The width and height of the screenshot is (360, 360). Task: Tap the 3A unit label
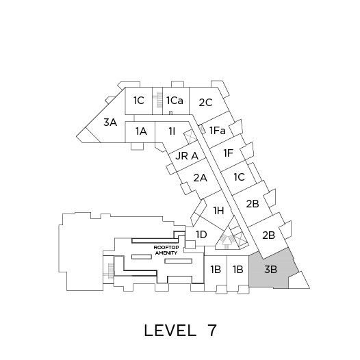tap(110, 122)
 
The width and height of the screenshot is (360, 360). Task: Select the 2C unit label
tap(205, 103)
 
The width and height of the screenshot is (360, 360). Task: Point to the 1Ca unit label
tap(175, 101)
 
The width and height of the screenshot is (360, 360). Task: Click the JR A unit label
tap(187, 156)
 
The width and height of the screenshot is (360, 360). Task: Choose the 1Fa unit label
tap(218, 131)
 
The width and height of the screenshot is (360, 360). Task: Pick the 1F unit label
tap(229, 153)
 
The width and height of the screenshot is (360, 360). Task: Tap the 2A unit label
tap(201, 178)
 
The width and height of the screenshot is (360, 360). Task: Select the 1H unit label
tap(218, 210)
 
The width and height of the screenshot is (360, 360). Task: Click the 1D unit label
tap(201, 235)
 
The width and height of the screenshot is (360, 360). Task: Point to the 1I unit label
tap(172, 131)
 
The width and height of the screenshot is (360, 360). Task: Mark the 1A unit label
tap(141, 131)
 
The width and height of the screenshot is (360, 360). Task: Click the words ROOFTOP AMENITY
tap(166, 250)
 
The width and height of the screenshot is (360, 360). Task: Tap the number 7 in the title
tap(212, 330)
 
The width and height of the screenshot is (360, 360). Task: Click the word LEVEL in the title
tap(170, 331)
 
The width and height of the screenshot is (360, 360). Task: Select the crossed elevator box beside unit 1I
tap(190, 136)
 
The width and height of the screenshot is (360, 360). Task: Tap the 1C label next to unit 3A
tap(139, 101)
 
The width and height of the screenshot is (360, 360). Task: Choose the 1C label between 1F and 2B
tap(240, 177)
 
